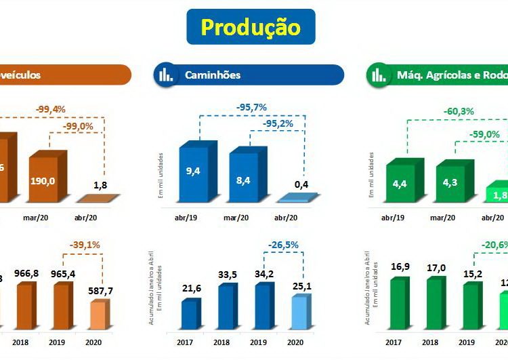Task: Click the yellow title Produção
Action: pos(251,26)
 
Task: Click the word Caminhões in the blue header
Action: pos(213,75)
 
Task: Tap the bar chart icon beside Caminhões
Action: pos(166,75)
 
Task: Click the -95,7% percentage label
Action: pos(252,107)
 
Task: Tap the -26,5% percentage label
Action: pos(282,245)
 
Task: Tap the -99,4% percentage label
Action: pos(51,109)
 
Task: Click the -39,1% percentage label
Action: pos(84,245)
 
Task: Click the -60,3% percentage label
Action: pos(459,111)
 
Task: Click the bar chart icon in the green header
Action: pos(377,75)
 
